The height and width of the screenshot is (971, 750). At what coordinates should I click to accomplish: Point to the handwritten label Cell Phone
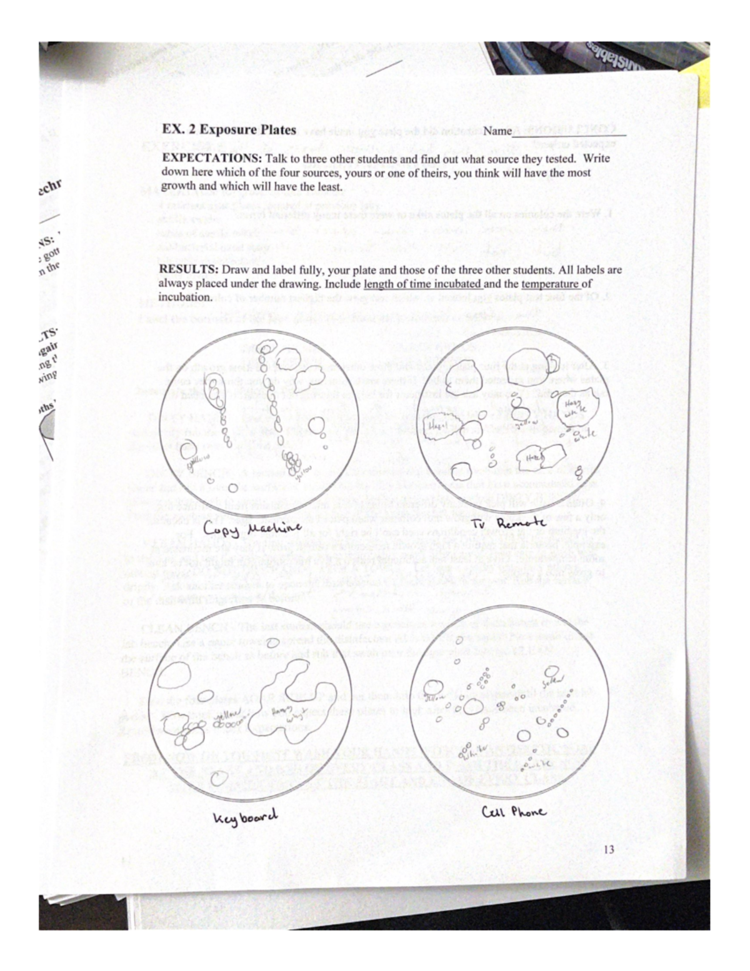(x=514, y=812)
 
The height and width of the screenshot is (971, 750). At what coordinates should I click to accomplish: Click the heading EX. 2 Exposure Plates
(x=229, y=130)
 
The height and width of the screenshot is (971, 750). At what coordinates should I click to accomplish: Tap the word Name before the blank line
(x=497, y=131)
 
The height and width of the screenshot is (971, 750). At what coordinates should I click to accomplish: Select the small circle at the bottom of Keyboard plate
(x=218, y=778)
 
